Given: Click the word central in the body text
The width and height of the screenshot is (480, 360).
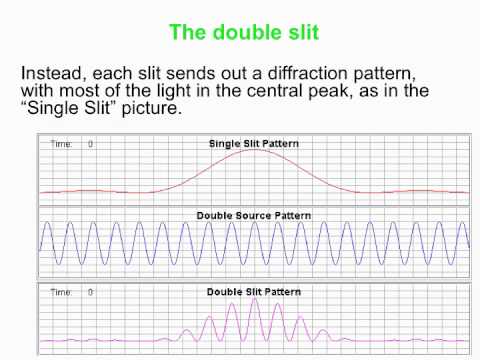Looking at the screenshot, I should click(x=283, y=91).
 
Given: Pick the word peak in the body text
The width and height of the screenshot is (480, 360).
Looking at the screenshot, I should click(x=334, y=92).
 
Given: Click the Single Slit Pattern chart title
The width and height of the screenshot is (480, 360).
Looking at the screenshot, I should click(x=254, y=143).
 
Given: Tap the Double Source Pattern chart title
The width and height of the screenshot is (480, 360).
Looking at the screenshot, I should click(x=253, y=215).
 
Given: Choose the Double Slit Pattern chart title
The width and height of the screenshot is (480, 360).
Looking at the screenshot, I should click(x=254, y=291).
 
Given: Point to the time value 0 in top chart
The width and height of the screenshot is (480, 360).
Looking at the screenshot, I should click(x=90, y=144).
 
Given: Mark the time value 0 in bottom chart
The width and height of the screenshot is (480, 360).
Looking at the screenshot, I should click(x=90, y=292).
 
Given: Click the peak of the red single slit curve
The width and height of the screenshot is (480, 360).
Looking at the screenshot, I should click(x=254, y=151).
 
